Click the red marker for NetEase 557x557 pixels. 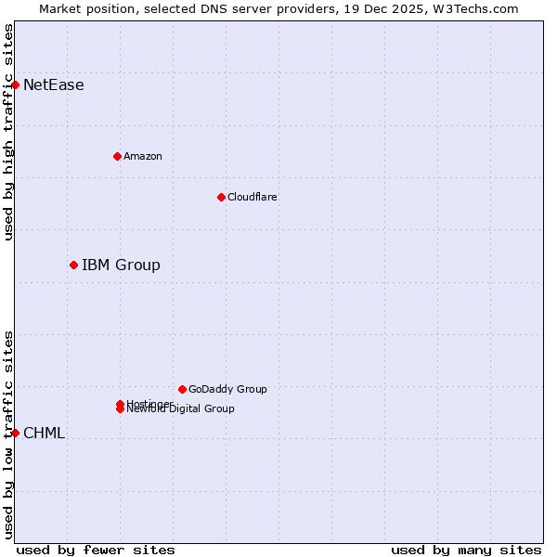pos(15,84)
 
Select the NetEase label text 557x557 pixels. pos(53,85)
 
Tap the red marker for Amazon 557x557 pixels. pos(117,156)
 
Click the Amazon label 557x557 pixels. pos(142,156)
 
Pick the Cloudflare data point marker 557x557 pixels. pos(221,197)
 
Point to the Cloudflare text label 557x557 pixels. pos(252,197)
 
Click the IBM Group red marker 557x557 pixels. pos(73,265)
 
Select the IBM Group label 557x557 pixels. pos(121,266)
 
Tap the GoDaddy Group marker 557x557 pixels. pos(182,389)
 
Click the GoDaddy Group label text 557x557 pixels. pos(227,389)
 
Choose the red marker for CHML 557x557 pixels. pos(15,433)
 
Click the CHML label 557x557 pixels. pos(44,434)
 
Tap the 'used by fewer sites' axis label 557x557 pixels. pos(96,550)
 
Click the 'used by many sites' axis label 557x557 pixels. pos(466,550)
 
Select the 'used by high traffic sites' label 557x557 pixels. pos(8,132)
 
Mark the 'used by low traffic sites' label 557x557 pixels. pos(8,434)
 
